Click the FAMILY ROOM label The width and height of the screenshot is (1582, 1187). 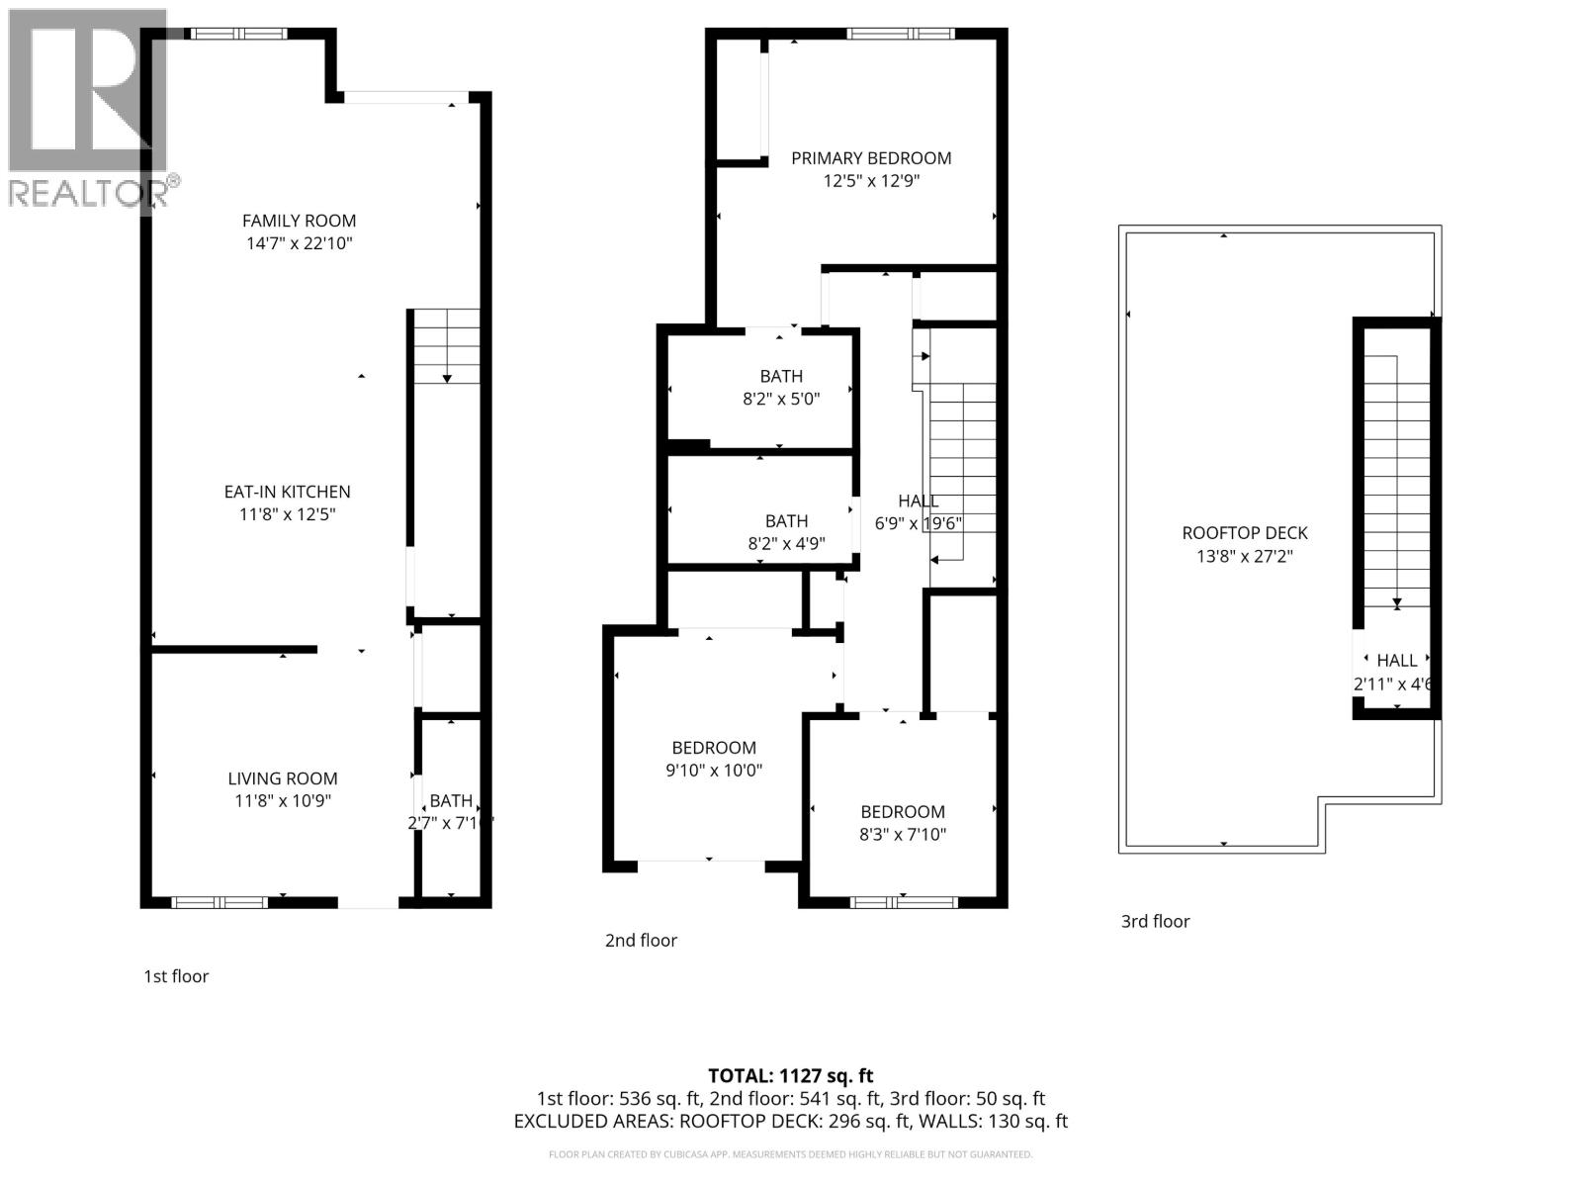[299, 221]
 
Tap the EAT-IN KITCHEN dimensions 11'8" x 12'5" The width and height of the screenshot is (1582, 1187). [287, 514]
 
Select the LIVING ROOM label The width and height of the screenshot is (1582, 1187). [283, 778]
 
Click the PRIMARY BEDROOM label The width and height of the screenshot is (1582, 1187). [871, 158]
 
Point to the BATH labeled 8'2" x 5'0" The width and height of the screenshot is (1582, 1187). [781, 376]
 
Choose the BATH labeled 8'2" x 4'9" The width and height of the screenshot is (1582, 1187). [786, 521]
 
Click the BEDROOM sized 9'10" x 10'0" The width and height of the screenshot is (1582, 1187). [714, 748]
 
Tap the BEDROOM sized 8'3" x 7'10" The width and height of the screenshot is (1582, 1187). [902, 811]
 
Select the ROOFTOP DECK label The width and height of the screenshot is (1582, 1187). [1245, 533]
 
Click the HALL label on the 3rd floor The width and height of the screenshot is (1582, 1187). [1396, 660]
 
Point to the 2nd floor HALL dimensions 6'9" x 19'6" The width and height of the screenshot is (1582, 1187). [919, 524]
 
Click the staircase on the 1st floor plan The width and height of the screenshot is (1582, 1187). [447, 346]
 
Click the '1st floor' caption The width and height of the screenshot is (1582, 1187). [176, 976]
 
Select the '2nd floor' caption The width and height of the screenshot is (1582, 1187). [641, 941]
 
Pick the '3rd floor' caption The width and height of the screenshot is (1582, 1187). [1155, 921]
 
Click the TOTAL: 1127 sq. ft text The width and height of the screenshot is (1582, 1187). [790, 1075]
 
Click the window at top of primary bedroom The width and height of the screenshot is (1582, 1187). [900, 34]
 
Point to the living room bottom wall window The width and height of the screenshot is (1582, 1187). [219, 902]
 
